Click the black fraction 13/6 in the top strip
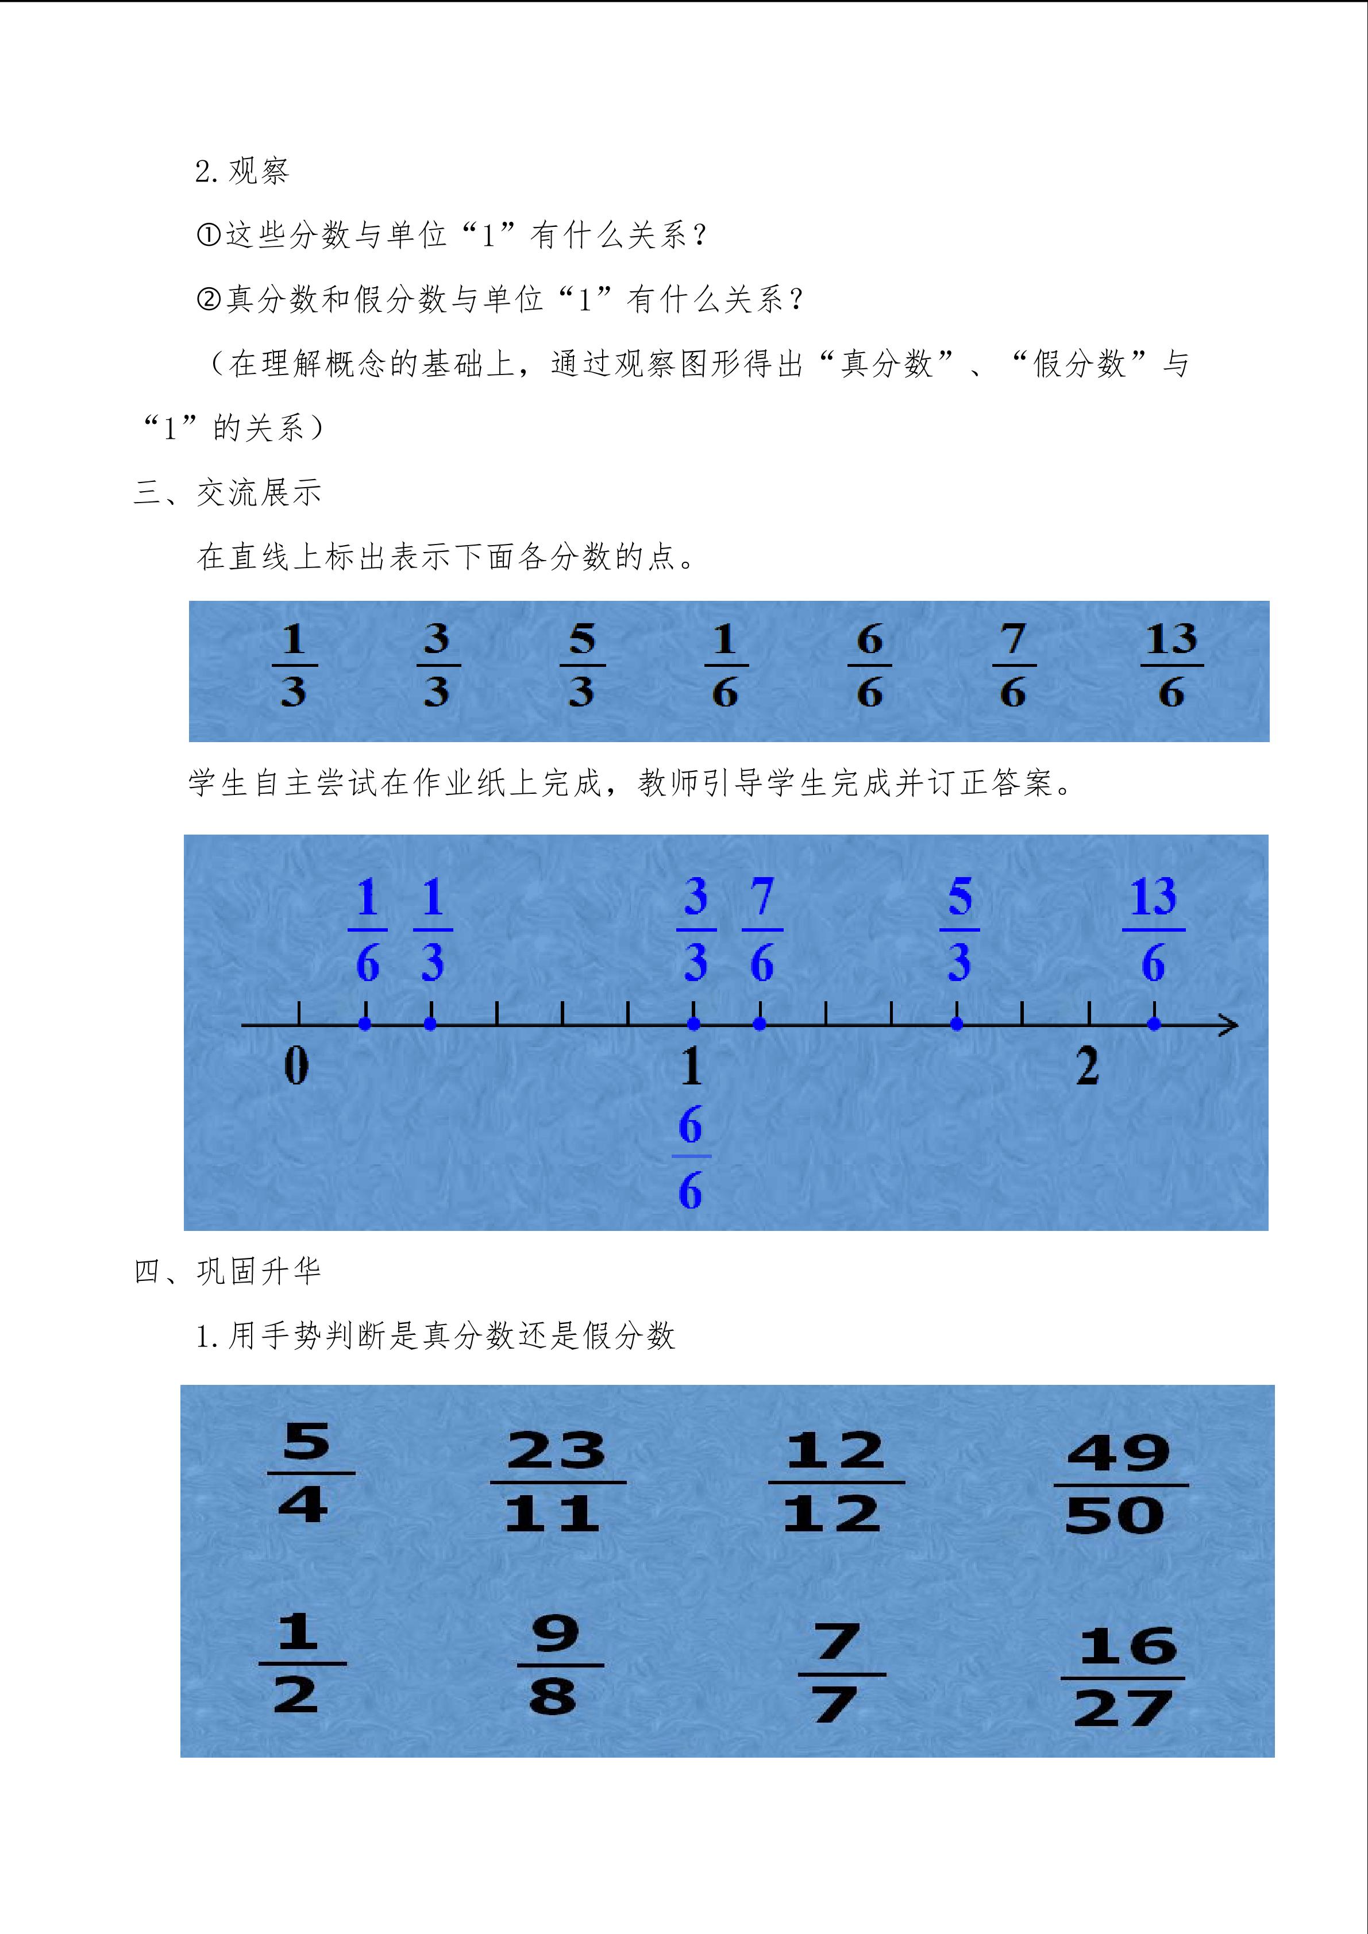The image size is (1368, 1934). click(x=1171, y=666)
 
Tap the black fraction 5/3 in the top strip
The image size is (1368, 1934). click(x=582, y=666)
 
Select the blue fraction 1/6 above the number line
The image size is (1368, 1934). click(x=367, y=930)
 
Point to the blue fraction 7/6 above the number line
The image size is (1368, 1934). click(x=761, y=930)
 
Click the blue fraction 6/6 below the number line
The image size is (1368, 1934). click(x=691, y=1157)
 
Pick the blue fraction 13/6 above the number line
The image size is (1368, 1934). click(x=1153, y=930)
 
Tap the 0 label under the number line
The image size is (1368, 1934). click(x=296, y=1067)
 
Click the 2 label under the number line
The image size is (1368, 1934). click(x=1088, y=1067)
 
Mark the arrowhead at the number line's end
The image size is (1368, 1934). click(x=1230, y=1025)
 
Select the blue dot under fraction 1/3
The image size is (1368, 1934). click(x=430, y=1024)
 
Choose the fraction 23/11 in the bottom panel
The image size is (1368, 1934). click(x=556, y=1483)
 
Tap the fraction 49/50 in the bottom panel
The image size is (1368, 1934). click(x=1119, y=1485)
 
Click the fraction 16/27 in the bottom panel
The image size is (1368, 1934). click(x=1124, y=1678)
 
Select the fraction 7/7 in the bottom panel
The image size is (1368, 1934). click(x=837, y=1674)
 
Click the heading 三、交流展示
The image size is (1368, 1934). click(x=228, y=493)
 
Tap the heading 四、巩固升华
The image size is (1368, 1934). click(x=228, y=1271)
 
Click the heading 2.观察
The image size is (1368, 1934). click(x=242, y=171)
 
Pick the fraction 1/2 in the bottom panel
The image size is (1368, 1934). click(x=299, y=1663)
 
